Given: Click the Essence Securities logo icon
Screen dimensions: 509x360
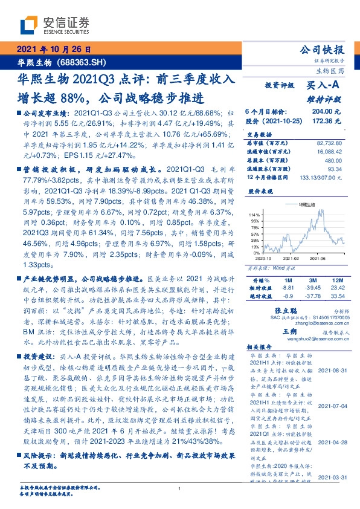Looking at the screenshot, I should tap(28, 25).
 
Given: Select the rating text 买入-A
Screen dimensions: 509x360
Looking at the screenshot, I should tap(326, 86).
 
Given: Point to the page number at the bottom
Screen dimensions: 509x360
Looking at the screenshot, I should tap(180, 488).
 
